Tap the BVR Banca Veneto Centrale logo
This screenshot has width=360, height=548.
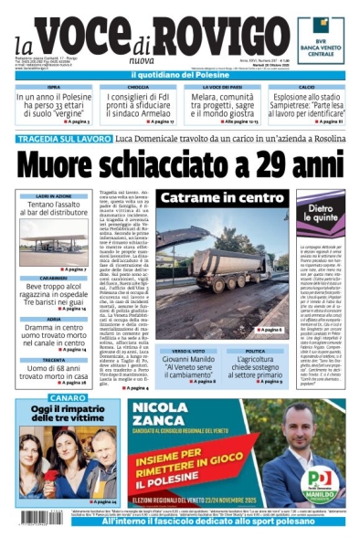(x=321, y=40)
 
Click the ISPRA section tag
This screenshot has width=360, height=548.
(x=54, y=88)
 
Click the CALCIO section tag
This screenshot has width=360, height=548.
(x=306, y=88)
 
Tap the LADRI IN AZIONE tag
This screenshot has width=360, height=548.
(x=55, y=196)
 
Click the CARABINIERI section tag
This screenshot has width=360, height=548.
(x=55, y=279)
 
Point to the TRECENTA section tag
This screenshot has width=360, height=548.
(x=55, y=360)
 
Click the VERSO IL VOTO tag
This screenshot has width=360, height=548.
(x=188, y=351)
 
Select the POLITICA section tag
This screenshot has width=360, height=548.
(x=254, y=351)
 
